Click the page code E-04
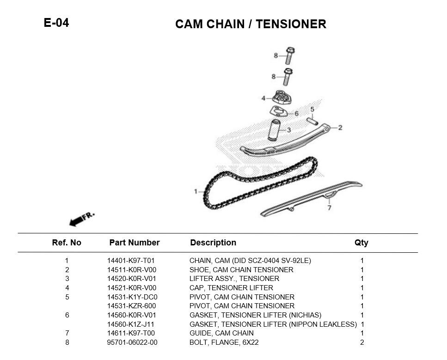(x=56, y=23)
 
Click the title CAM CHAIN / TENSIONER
(x=251, y=24)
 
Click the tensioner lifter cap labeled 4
(x=280, y=98)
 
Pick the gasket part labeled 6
(x=278, y=111)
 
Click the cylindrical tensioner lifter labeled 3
(x=275, y=130)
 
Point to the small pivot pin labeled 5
(x=312, y=121)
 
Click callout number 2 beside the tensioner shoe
(x=340, y=128)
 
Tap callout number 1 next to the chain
(x=196, y=191)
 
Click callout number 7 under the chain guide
(x=329, y=208)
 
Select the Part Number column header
(x=134, y=243)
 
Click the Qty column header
(x=361, y=243)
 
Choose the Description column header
(x=213, y=243)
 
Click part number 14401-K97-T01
(x=131, y=261)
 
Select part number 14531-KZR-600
(x=131, y=306)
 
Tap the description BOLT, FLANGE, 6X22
(x=224, y=342)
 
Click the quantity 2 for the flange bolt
(x=362, y=342)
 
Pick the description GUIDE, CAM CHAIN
(x=221, y=333)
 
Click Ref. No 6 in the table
(x=67, y=315)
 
